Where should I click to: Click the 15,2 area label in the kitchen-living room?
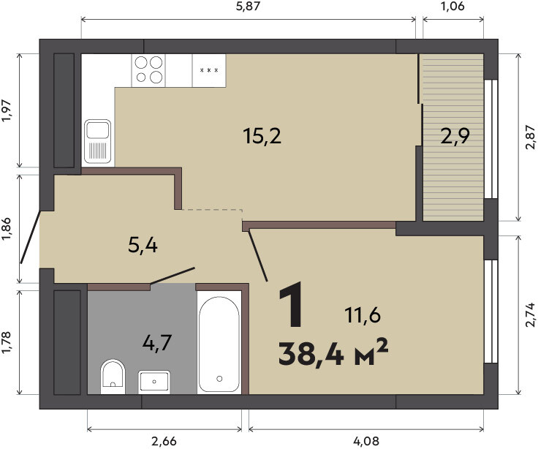[262, 135]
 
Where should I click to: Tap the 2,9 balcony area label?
[455, 136]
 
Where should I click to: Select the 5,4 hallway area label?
[143, 245]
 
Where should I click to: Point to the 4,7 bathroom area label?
[157, 342]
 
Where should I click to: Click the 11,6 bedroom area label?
[363, 315]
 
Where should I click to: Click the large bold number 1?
[291, 303]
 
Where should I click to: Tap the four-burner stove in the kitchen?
[148, 70]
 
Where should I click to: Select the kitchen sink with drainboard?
[98, 141]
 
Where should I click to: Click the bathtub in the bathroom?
[219, 342]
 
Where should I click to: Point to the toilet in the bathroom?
[113, 377]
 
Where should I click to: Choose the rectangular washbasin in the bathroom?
[154, 382]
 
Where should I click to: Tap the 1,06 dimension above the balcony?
[452, 6]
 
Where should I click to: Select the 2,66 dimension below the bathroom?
[164, 441]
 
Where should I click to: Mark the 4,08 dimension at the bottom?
[366, 441]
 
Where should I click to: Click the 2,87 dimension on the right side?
[530, 137]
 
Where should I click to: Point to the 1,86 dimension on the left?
[7, 230]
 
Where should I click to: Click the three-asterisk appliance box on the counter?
[209, 70]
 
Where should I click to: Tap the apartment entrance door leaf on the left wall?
[31, 237]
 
